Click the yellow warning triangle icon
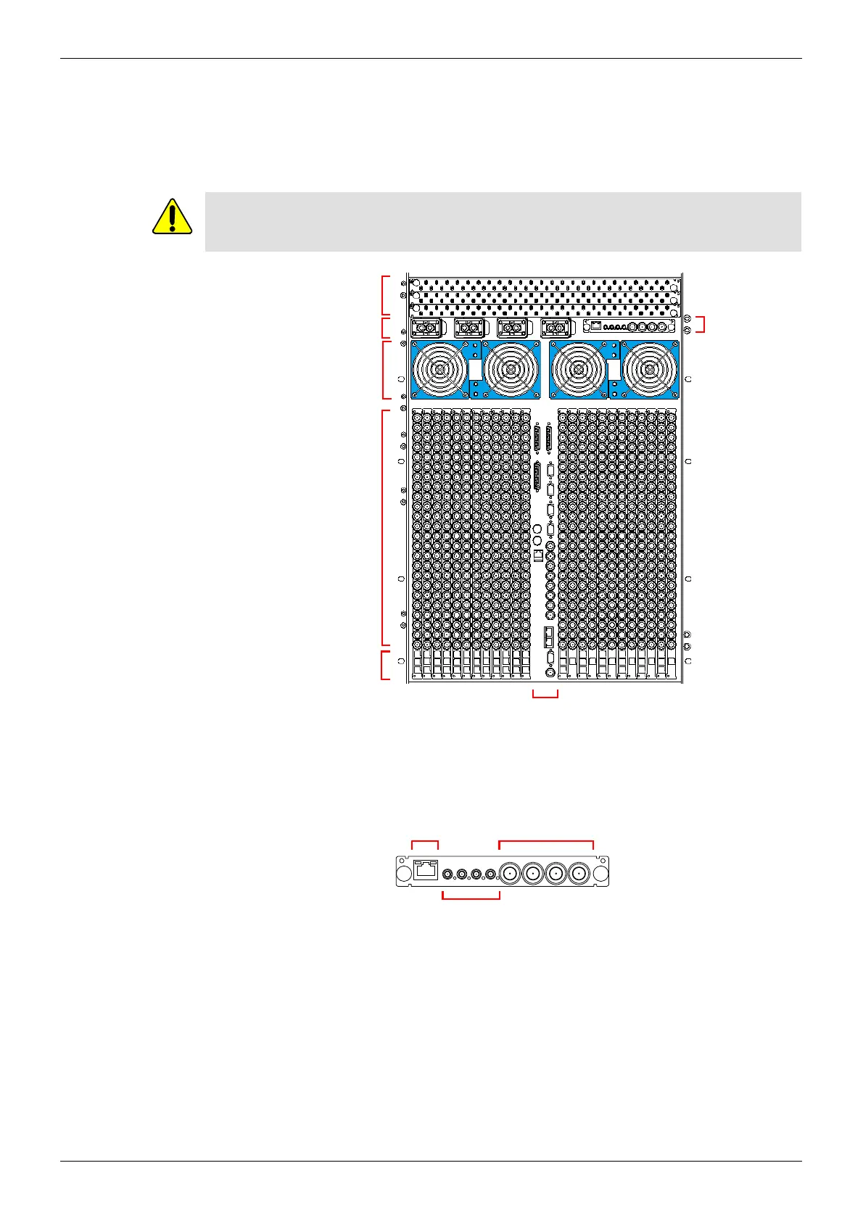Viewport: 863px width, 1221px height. (172, 217)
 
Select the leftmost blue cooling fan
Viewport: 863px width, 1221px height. (439, 370)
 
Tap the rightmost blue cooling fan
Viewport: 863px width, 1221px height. (650, 370)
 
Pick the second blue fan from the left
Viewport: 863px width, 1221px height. (511, 370)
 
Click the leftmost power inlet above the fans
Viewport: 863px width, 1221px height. (425, 328)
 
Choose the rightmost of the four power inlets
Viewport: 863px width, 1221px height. (556, 328)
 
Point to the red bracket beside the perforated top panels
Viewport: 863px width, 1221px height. (384, 295)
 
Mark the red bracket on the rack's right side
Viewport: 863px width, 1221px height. (701, 324)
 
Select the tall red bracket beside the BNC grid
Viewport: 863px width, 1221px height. (384, 528)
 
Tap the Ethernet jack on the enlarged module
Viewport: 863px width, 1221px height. (425, 870)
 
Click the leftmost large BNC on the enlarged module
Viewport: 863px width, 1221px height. (511, 873)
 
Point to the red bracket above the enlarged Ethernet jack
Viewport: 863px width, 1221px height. (425, 843)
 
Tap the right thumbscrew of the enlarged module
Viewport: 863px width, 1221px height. (599, 873)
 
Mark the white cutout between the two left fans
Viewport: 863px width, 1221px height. (475, 371)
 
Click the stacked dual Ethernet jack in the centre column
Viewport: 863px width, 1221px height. (549, 637)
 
